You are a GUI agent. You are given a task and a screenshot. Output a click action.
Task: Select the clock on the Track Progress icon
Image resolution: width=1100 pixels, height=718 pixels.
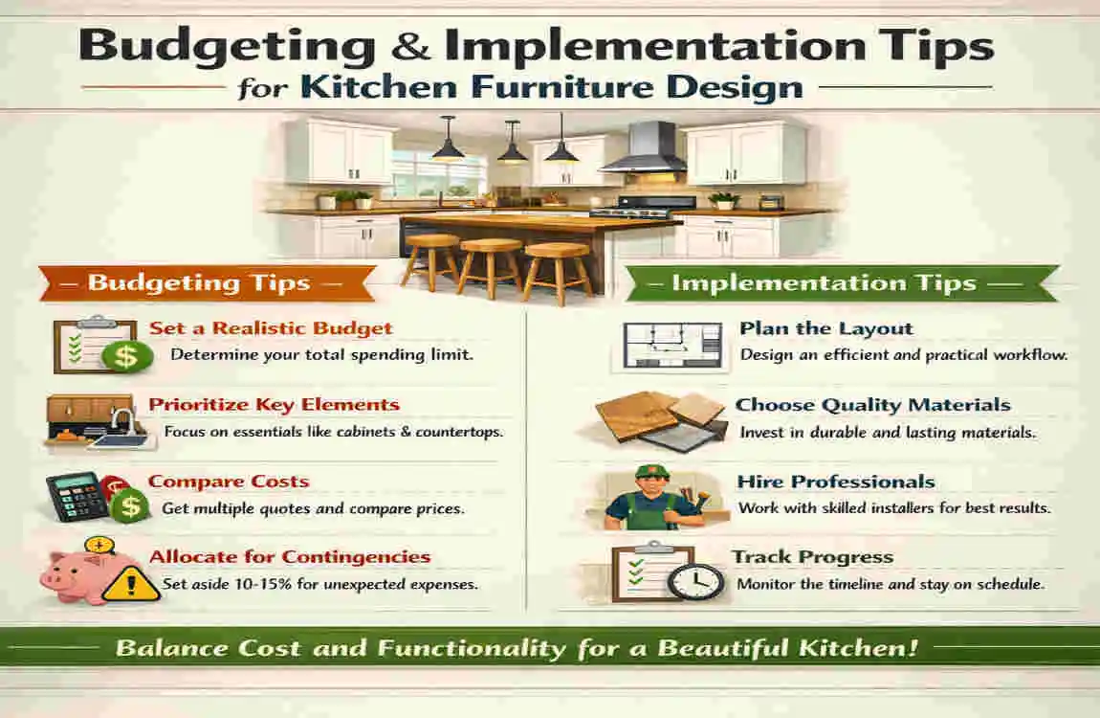click(695, 580)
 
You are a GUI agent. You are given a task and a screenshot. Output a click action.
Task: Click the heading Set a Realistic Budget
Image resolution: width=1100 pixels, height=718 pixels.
click(271, 328)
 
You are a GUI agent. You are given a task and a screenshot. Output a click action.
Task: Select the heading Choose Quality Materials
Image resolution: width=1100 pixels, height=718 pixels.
click(872, 405)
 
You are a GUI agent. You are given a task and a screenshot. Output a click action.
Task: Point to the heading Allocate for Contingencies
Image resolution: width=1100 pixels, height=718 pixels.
click(290, 557)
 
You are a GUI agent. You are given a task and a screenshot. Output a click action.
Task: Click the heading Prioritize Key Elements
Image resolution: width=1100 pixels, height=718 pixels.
click(274, 405)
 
